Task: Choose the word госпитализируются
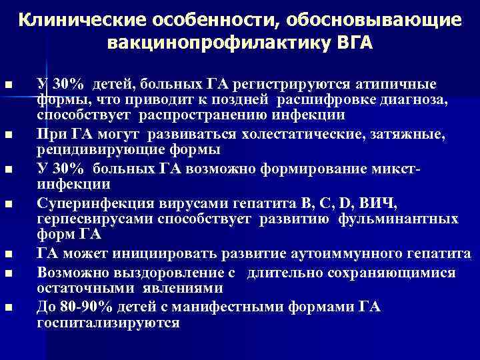(x=109, y=323)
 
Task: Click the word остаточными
(x=78, y=288)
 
